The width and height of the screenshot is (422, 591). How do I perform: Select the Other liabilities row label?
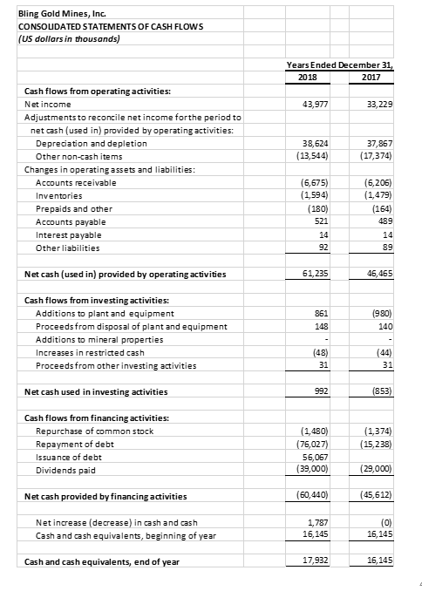point(67,248)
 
